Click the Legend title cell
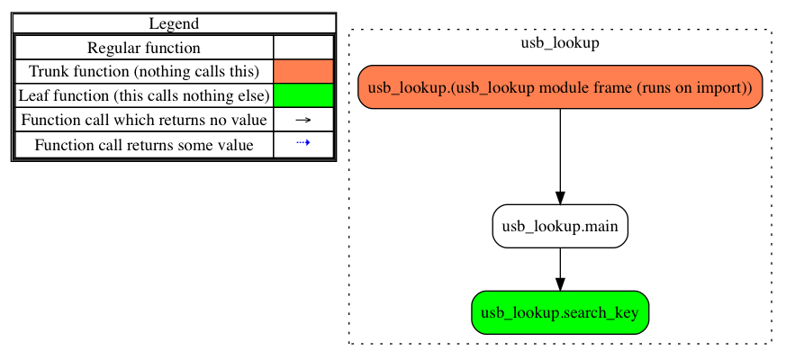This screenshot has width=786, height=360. click(174, 23)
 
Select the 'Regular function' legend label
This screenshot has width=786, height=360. click(144, 48)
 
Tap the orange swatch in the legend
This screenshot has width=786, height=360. click(303, 71)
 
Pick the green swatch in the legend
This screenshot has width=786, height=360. click(303, 95)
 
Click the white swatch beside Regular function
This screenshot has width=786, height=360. click(303, 48)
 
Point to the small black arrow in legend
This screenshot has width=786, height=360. click(303, 120)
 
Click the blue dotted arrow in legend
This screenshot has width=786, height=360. click(303, 144)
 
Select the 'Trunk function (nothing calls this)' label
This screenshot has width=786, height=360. click(144, 71)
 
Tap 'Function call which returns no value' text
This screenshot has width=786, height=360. click(144, 120)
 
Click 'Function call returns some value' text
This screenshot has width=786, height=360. click(144, 144)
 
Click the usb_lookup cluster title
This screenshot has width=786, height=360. click(560, 42)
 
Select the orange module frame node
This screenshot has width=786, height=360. click(560, 87)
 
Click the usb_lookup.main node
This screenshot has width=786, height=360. click(560, 226)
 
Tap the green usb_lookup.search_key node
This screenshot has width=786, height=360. click(560, 312)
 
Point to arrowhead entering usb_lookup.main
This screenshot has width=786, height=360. click(560, 198)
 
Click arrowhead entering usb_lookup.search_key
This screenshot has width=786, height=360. click(560, 283)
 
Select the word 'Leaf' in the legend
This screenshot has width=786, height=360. click(34, 95)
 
